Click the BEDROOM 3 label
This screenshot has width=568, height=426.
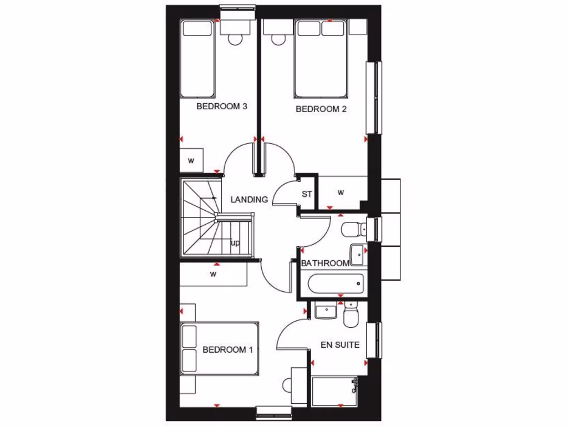pyautogui.click(x=221, y=106)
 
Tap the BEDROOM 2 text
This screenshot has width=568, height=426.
pyautogui.click(x=321, y=109)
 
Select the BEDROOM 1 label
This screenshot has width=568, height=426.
pyautogui.click(x=227, y=350)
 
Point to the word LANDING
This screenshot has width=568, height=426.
pyautogui.click(x=249, y=200)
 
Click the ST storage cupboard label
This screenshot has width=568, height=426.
pyautogui.click(x=307, y=194)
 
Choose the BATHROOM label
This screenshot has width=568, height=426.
pyautogui.click(x=325, y=263)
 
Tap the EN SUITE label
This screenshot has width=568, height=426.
pyautogui.click(x=340, y=344)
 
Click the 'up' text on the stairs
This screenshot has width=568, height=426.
pyautogui.click(x=235, y=243)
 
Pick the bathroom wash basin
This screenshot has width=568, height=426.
pyautogui.click(x=358, y=255)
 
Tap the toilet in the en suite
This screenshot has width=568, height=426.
pyautogui.click(x=351, y=315)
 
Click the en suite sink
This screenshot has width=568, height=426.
pyautogui.click(x=326, y=311)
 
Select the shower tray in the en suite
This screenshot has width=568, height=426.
pyautogui.click(x=334, y=392)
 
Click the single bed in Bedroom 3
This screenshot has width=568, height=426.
pyautogui.click(x=197, y=59)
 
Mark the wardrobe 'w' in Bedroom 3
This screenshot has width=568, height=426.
pyautogui.click(x=191, y=161)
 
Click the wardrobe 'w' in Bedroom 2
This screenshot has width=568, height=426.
pyautogui.click(x=341, y=193)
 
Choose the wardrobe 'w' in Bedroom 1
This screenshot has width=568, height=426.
pyautogui.click(x=213, y=274)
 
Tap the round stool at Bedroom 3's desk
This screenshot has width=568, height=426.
pyautogui.click(x=235, y=39)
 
